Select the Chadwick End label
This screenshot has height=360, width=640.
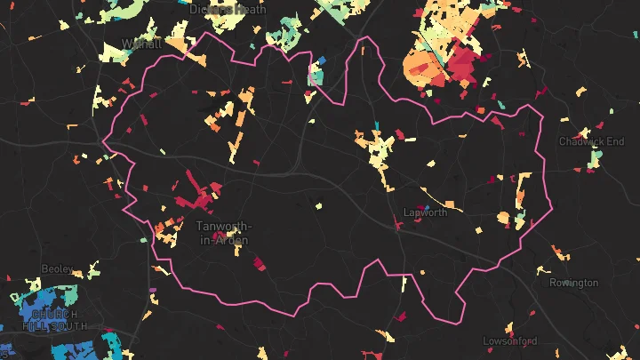[x=591, y=141]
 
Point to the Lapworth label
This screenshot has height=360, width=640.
[x=425, y=212]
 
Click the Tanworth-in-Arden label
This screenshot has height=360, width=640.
[x=222, y=233]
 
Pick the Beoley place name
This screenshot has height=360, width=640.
[x=57, y=268]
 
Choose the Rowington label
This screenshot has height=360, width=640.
[x=573, y=283]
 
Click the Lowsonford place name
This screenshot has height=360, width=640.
[x=510, y=340]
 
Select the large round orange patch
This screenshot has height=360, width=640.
[x=423, y=68]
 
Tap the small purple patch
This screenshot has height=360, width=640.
[x=152, y=291]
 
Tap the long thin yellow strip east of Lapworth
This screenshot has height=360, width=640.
[x=440, y=201]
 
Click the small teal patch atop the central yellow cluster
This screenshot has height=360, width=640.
[x=378, y=124]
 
